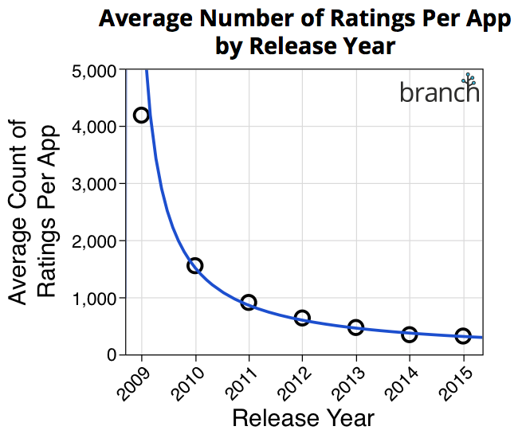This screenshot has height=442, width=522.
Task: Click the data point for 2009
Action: tap(141, 115)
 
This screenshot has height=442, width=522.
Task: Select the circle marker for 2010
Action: tap(194, 265)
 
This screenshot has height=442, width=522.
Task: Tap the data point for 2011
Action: tap(248, 302)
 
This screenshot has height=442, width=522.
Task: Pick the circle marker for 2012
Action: tap(302, 318)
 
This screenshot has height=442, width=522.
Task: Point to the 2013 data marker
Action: tap(355, 327)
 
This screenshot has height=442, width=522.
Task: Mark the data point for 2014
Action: tap(409, 334)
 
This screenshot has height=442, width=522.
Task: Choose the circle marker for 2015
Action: tap(463, 336)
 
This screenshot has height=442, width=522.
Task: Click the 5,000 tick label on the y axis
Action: tap(95, 70)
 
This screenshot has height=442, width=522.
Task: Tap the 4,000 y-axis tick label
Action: tap(95, 127)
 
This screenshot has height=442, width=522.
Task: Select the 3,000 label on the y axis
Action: tap(95, 184)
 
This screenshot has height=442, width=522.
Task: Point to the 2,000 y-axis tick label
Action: tap(95, 241)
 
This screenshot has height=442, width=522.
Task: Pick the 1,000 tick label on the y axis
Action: tap(95, 299)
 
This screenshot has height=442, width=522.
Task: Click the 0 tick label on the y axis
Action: tap(112, 355)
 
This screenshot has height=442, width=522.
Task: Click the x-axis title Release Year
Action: tap(303, 418)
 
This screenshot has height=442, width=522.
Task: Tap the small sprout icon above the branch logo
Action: tap(470, 79)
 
